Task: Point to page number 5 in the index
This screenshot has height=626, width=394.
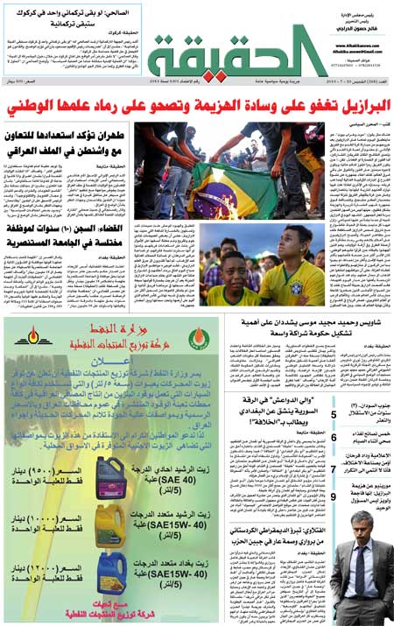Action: tap(334, 415)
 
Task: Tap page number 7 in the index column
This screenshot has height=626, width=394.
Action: tap(334, 469)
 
